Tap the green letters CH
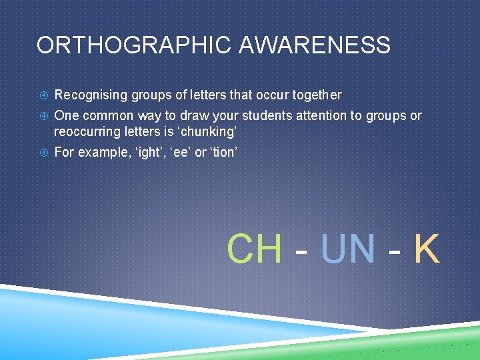coord(255,249)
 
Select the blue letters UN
coord(348,249)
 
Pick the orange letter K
coord(427,249)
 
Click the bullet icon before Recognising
coord(42,95)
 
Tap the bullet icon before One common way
coord(42,116)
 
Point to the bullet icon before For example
coord(42,153)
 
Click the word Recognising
coord(90,95)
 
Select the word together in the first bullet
coord(315,95)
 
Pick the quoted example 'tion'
coord(221,152)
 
